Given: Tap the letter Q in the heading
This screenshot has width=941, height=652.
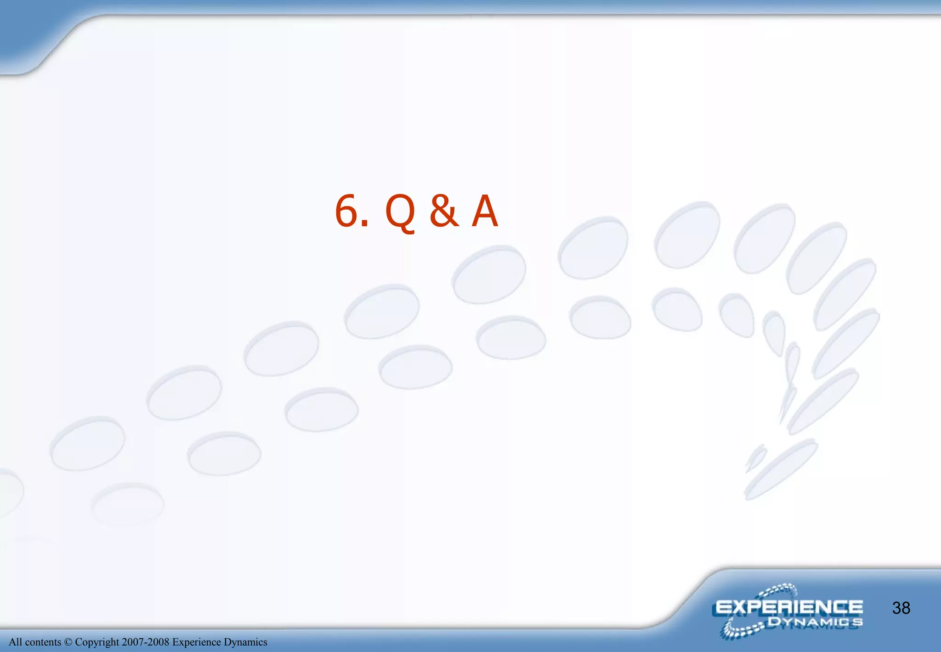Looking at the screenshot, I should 401,212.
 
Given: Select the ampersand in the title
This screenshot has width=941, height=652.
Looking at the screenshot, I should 444,211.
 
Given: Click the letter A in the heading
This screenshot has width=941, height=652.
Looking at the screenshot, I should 485,211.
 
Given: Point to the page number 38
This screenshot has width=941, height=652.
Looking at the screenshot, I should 901,608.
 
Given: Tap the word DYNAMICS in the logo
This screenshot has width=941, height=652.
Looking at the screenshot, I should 815,623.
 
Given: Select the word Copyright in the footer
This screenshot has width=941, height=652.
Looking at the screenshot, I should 97,642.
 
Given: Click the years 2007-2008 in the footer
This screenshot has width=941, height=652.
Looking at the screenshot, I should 145,642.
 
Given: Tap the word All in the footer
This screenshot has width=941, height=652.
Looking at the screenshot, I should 15,642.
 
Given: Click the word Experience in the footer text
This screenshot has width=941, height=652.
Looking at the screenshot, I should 196,642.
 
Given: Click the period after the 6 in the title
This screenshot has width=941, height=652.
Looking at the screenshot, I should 365,224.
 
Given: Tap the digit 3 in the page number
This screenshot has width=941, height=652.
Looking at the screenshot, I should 896,608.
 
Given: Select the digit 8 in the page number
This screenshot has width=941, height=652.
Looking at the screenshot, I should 906,608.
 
